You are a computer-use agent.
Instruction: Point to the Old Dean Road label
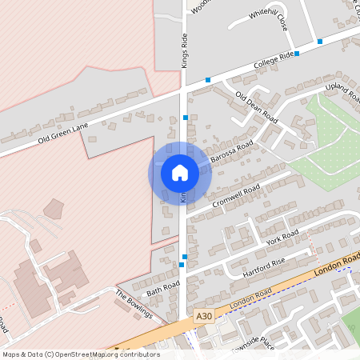click(x=256, y=107)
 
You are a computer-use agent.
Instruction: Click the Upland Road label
click(x=342, y=93)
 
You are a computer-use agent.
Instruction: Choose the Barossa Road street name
click(x=231, y=152)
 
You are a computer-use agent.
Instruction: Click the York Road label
click(x=282, y=238)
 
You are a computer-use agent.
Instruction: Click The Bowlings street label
click(x=134, y=304)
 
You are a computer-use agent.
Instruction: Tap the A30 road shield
click(x=204, y=317)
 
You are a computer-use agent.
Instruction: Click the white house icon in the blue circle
click(x=179, y=173)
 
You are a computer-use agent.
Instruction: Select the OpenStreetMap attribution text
click(x=80, y=354)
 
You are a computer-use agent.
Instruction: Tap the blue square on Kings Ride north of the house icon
click(x=186, y=118)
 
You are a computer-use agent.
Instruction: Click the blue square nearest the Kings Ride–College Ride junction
click(x=208, y=80)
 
